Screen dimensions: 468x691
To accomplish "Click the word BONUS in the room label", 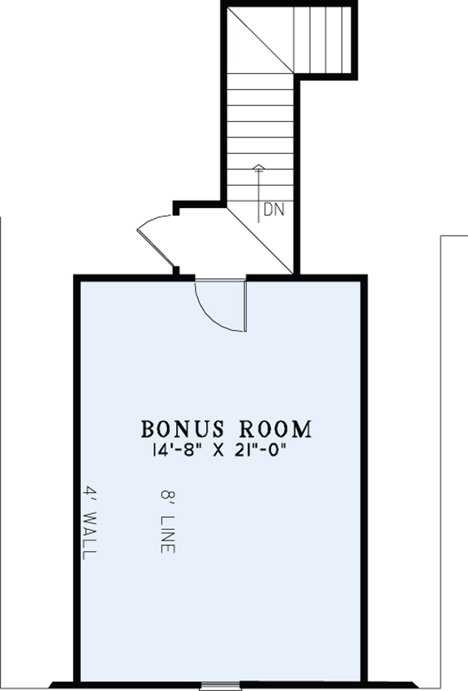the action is tap(182, 429).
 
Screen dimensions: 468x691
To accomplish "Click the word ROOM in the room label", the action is tap(275, 429).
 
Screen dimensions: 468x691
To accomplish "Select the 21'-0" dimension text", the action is tap(261, 450).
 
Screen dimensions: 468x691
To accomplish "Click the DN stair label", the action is tap(274, 209).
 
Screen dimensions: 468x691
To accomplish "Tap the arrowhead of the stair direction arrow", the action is tap(259, 167).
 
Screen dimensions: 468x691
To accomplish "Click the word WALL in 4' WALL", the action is tap(90, 535).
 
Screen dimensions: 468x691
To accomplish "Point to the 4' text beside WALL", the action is tap(90, 494).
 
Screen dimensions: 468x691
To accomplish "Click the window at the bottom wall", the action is tap(220, 686).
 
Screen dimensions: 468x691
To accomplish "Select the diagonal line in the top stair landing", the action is tap(260, 40).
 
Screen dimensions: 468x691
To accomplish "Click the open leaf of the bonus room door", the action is tap(245, 306).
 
